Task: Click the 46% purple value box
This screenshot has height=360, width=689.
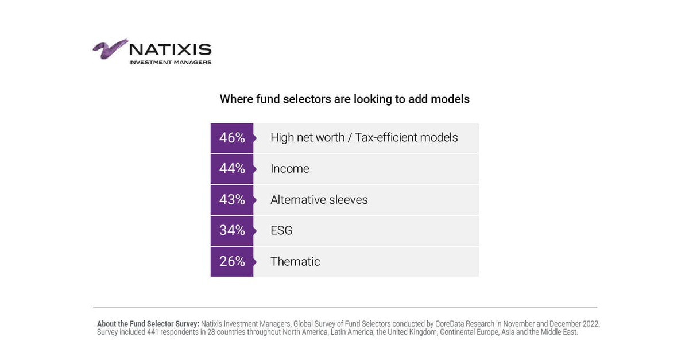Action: point(232,138)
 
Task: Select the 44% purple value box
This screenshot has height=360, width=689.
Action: point(232,169)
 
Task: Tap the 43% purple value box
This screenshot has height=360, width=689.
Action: point(232,200)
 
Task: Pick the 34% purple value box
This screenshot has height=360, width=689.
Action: point(232,230)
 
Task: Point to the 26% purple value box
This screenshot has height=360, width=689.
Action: point(232,261)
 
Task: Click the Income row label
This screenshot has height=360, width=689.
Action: point(289,169)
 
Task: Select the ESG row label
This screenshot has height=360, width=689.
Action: point(281,230)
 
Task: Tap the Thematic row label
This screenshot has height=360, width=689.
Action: point(295,261)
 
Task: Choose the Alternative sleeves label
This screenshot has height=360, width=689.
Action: point(319,200)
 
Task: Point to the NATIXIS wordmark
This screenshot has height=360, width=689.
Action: point(170,50)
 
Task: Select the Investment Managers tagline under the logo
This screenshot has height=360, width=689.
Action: point(170,62)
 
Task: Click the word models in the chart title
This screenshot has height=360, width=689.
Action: point(451,99)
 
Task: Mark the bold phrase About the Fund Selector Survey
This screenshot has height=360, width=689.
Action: point(148,324)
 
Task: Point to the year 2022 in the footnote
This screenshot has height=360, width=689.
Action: point(589,324)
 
